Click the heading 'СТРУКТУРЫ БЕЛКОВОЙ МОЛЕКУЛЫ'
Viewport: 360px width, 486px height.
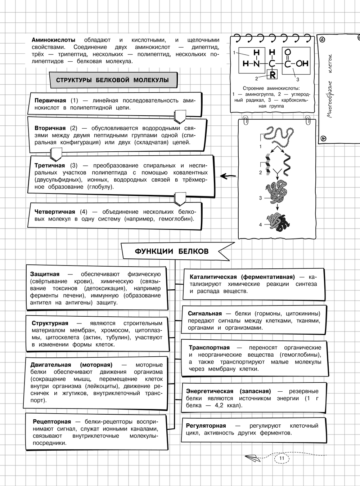(113, 80)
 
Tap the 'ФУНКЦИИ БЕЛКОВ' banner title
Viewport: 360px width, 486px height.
(171, 251)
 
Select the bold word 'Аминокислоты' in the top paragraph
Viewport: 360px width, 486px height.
(54, 40)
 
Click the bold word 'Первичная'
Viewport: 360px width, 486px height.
(50, 101)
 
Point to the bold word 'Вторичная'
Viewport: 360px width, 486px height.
(50, 128)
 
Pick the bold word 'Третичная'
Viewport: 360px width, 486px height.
(50, 165)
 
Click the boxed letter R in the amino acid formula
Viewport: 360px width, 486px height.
(273, 75)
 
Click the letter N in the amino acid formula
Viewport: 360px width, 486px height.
(256, 64)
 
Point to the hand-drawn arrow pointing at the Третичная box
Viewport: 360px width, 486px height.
(228, 176)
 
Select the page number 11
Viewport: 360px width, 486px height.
(282, 458)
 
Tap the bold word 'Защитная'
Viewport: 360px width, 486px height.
(45, 274)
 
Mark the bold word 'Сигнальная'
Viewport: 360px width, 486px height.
(204, 313)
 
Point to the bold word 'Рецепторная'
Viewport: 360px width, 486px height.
(52, 421)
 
